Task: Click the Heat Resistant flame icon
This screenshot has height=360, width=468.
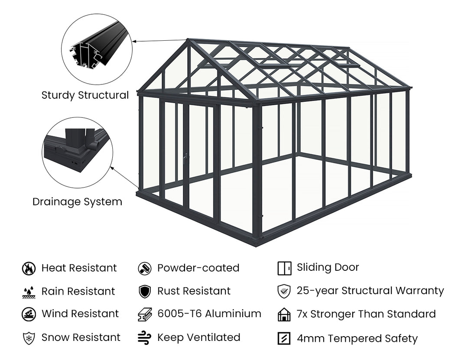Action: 29,269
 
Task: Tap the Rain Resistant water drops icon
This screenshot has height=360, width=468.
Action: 29,292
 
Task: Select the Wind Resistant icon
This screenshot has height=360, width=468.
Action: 29,314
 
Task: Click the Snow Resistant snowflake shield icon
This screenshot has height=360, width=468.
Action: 29,337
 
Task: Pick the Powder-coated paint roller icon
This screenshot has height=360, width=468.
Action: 144,269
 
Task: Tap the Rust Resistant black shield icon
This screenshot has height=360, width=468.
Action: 144,292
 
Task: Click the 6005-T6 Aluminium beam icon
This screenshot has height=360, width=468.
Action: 144,314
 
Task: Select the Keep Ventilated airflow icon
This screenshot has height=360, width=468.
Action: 144,337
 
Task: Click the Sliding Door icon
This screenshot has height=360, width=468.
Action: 284,269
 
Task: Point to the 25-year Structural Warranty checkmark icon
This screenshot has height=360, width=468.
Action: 284,292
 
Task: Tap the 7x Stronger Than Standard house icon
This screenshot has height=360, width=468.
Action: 284,315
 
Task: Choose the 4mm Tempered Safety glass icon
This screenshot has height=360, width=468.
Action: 284,338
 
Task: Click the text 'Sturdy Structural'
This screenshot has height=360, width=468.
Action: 85,95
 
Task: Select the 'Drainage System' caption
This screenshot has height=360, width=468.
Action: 77,202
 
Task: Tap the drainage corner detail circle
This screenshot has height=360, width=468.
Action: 77,152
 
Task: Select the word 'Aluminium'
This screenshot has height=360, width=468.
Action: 233,314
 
